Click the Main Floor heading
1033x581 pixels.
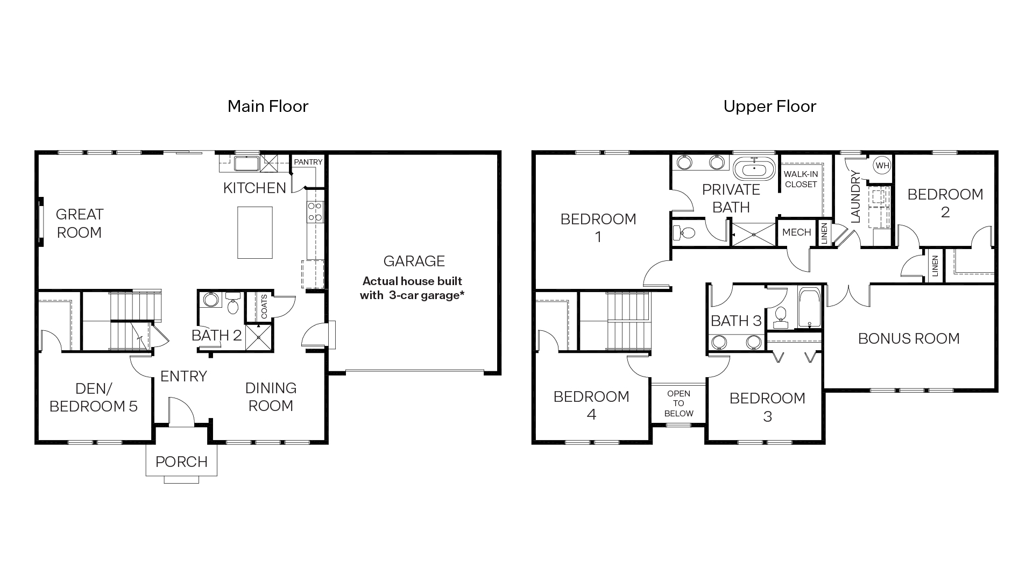pyautogui.click(x=268, y=107)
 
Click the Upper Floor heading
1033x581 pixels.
pyautogui.click(x=769, y=107)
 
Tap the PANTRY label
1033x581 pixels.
pyautogui.click(x=308, y=162)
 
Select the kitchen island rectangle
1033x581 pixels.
pyautogui.click(x=255, y=232)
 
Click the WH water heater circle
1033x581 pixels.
pyautogui.click(x=882, y=166)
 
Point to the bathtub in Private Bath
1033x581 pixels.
pyautogui.click(x=754, y=170)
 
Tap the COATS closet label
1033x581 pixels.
pyautogui.click(x=264, y=306)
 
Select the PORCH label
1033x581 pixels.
pyautogui.click(x=181, y=462)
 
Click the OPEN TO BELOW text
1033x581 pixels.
pyautogui.click(x=678, y=403)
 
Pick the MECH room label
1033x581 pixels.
pyautogui.click(x=796, y=232)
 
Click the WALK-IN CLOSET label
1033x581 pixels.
pyautogui.click(x=801, y=179)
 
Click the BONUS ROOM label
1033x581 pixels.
pyautogui.click(x=909, y=338)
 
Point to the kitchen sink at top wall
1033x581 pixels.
pyautogui.click(x=246, y=163)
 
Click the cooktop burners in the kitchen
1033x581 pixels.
pyautogui.click(x=315, y=212)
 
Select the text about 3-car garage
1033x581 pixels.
pyautogui.click(x=412, y=288)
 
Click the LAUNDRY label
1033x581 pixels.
pyautogui.click(x=856, y=197)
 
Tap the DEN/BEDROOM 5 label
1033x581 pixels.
pyautogui.click(x=94, y=397)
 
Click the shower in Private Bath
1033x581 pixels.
pyautogui.click(x=754, y=235)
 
